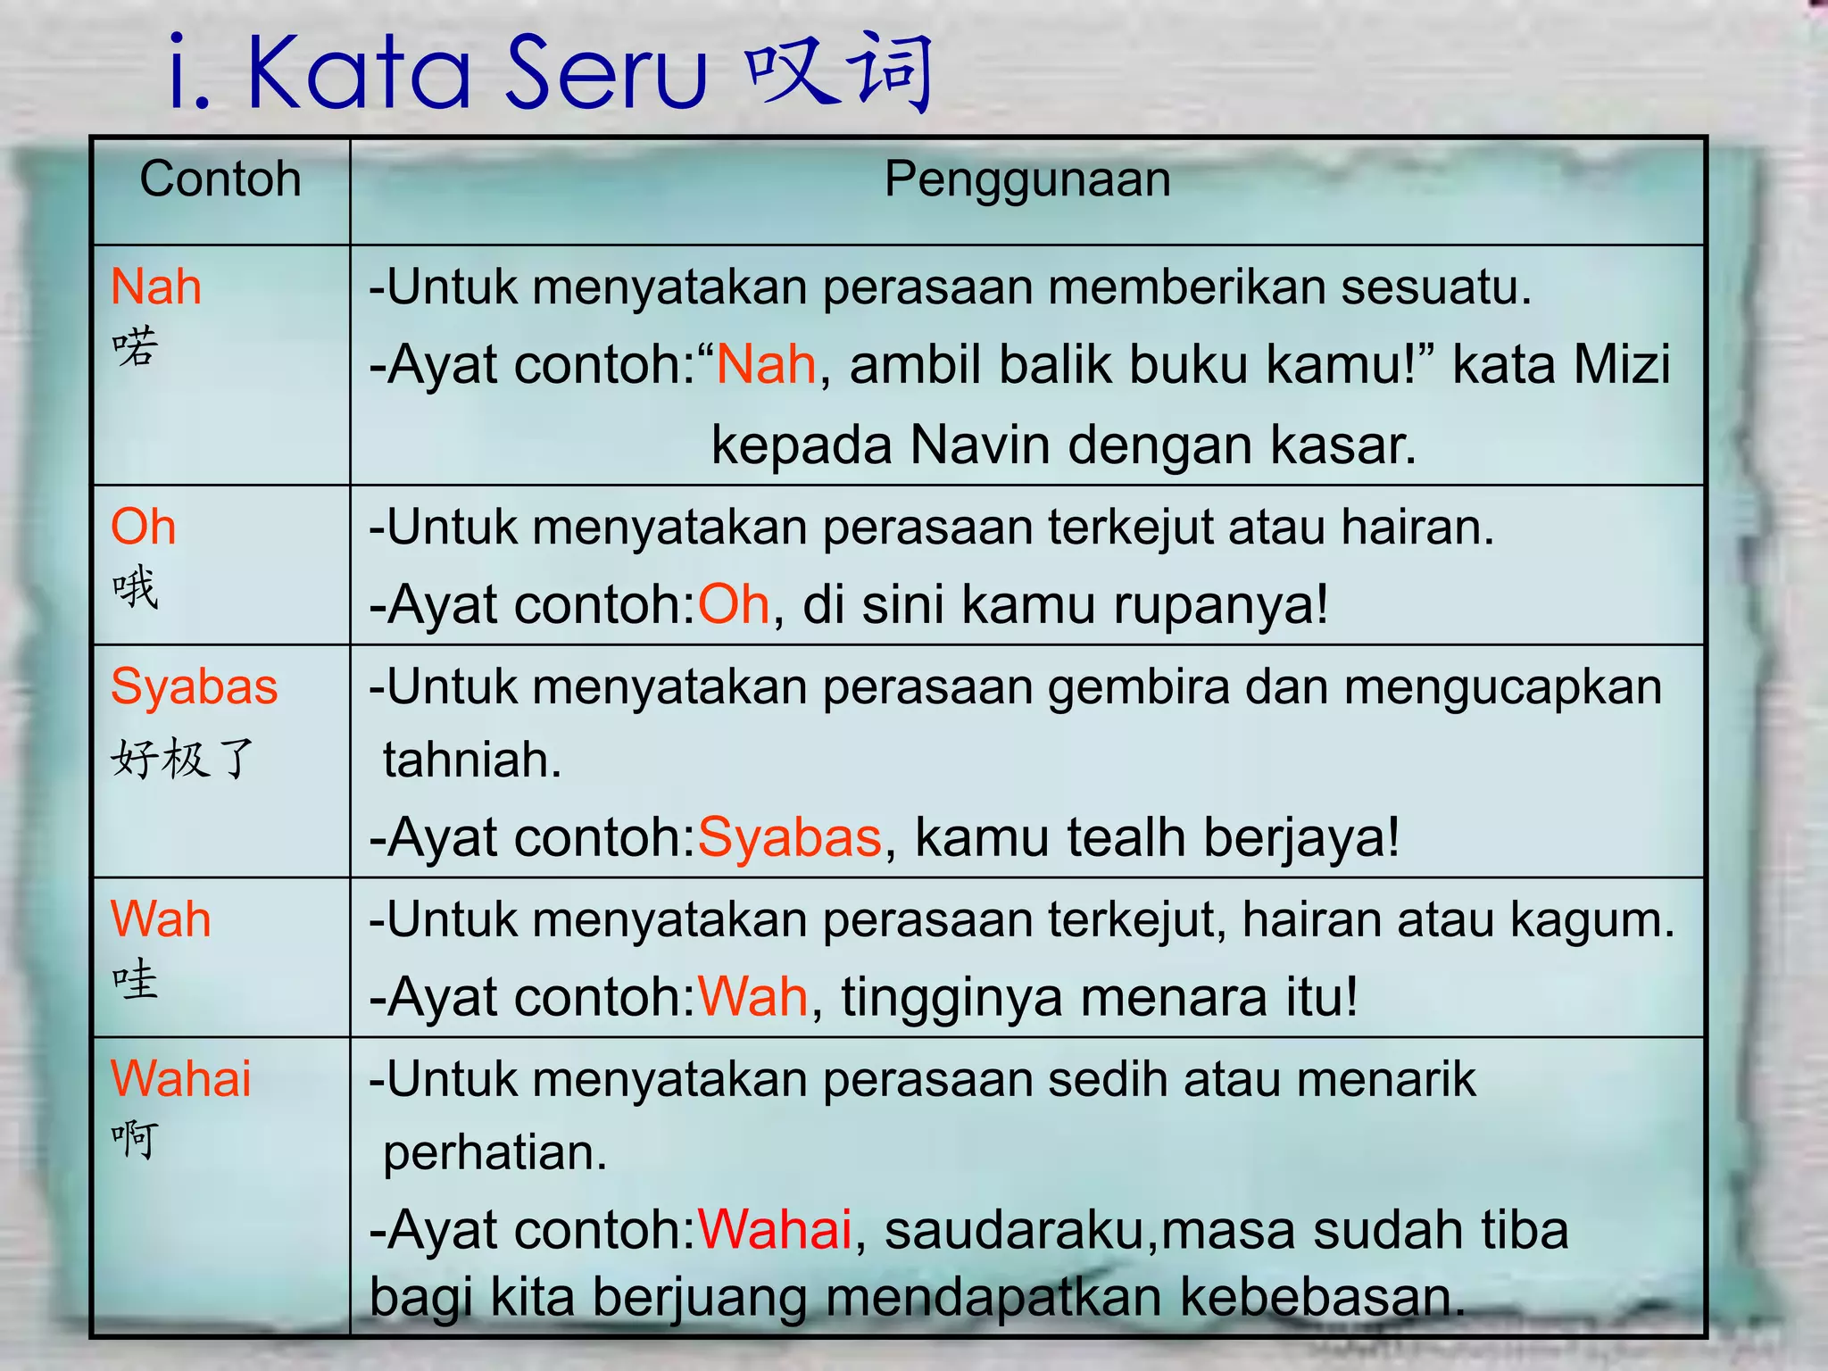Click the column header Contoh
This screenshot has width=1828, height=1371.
point(220,179)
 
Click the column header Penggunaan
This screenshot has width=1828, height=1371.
point(1026,179)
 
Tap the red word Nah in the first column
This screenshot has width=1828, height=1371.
point(156,287)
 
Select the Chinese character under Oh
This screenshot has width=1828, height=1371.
point(136,588)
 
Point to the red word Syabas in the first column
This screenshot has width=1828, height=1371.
point(195,687)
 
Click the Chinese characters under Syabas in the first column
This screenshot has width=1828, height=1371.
point(183,759)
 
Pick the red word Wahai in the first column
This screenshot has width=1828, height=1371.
point(181,1078)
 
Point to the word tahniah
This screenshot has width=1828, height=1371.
point(472,760)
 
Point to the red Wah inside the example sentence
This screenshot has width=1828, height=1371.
point(752,997)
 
